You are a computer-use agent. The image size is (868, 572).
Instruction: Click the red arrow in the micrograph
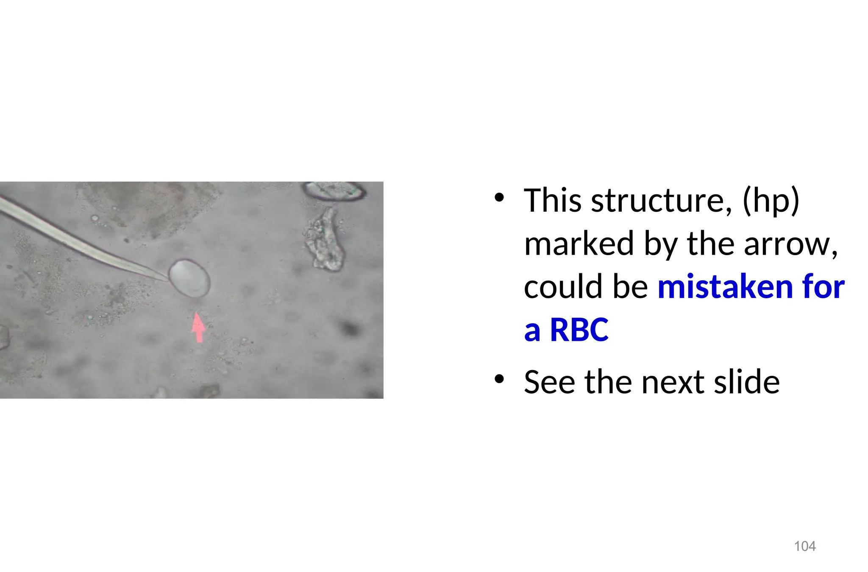coord(198,327)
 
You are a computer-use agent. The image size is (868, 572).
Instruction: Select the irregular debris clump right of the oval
coord(324,240)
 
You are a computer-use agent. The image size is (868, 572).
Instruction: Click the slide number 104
coord(804,546)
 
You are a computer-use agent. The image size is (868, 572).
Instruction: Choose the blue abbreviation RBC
coord(579,330)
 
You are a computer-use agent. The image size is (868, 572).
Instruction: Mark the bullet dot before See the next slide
coord(499,379)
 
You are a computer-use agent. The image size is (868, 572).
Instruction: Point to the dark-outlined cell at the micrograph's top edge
coord(334,191)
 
